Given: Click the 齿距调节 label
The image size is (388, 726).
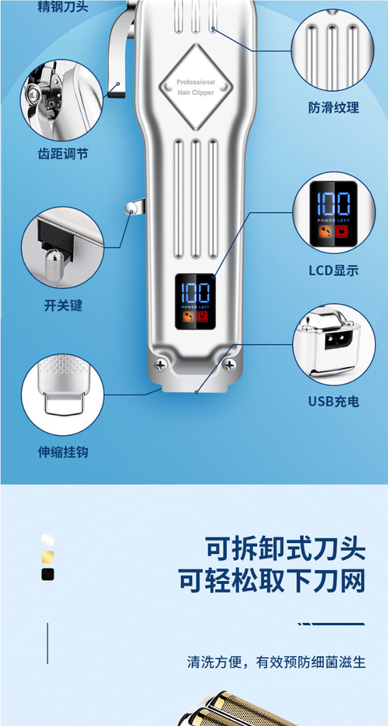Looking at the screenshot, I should click(x=63, y=154).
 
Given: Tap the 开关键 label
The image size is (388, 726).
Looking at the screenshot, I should click(x=63, y=306).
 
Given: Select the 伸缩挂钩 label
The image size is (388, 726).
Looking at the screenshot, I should click(x=62, y=451).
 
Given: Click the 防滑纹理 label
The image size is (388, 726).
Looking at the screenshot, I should click(x=333, y=108).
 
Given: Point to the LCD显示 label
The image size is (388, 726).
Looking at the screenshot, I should click(x=333, y=270).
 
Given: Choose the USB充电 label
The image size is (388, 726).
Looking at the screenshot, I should click(x=333, y=401).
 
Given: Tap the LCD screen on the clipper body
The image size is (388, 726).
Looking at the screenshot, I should click(x=195, y=302).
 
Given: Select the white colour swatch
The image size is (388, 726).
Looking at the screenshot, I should click(x=47, y=540).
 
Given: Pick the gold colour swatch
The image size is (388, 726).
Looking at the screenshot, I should click(x=47, y=557).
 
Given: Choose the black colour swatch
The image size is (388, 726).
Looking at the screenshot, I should click(x=47, y=575).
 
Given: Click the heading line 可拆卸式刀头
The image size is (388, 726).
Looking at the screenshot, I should click(x=285, y=548).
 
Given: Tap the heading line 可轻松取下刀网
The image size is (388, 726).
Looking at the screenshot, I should click(x=271, y=582).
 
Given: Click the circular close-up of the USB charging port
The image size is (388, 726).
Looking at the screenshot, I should click(x=334, y=344).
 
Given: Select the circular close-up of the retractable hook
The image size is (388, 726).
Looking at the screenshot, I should click(x=62, y=394).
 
